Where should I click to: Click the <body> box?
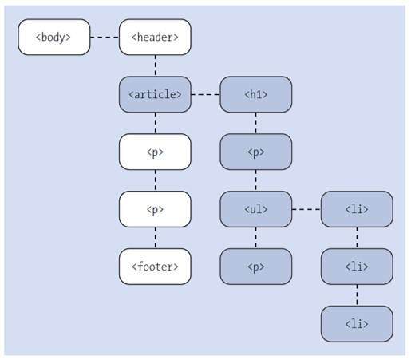tap(54, 37)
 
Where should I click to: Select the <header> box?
tap(155, 37)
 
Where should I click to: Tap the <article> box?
tap(155, 94)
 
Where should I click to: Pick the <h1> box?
tap(255, 94)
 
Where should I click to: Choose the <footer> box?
tap(155, 267)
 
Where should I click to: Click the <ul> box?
tap(255, 210)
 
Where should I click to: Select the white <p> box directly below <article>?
tap(155, 152)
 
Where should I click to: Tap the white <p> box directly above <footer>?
tap(155, 210)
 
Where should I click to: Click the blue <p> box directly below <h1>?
tap(255, 152)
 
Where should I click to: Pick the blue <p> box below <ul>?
tap(255, 267)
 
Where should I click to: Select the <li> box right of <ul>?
tap(357, 210)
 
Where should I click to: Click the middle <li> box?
tap(357, 267)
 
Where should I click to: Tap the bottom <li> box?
tap(357, 324)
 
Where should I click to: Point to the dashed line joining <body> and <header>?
tap(105, 37)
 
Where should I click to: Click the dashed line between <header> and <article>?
tap(155, 65)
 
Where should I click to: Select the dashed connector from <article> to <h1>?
tap(205, 94)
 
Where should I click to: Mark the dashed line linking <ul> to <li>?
tap(306, 210)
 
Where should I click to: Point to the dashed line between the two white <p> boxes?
tap(155, 181)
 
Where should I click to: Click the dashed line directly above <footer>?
tap(155, 239)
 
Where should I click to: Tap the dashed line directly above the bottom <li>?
tap(357, 295)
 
